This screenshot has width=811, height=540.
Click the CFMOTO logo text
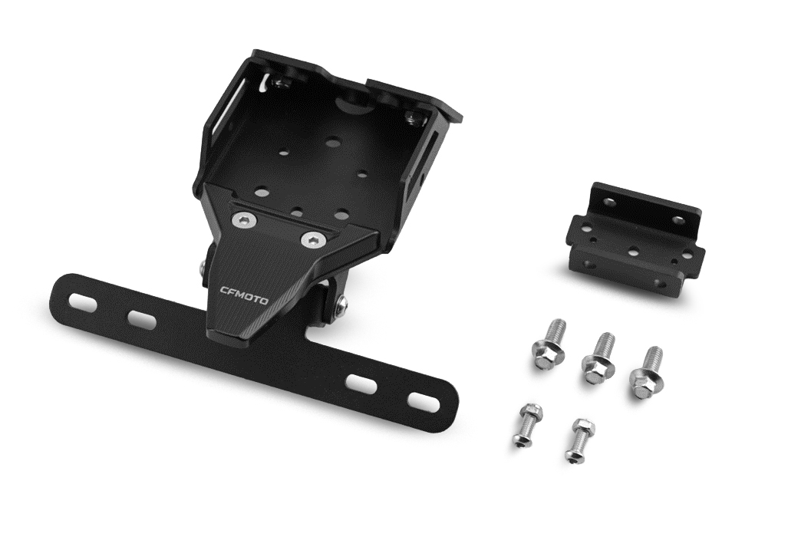pyautogui.click(x=244, y=295)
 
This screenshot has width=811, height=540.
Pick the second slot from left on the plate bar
pyautogui.click(x=142, y=319)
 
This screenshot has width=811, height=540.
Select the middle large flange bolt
pyautogui.click(x=598, y=357)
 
